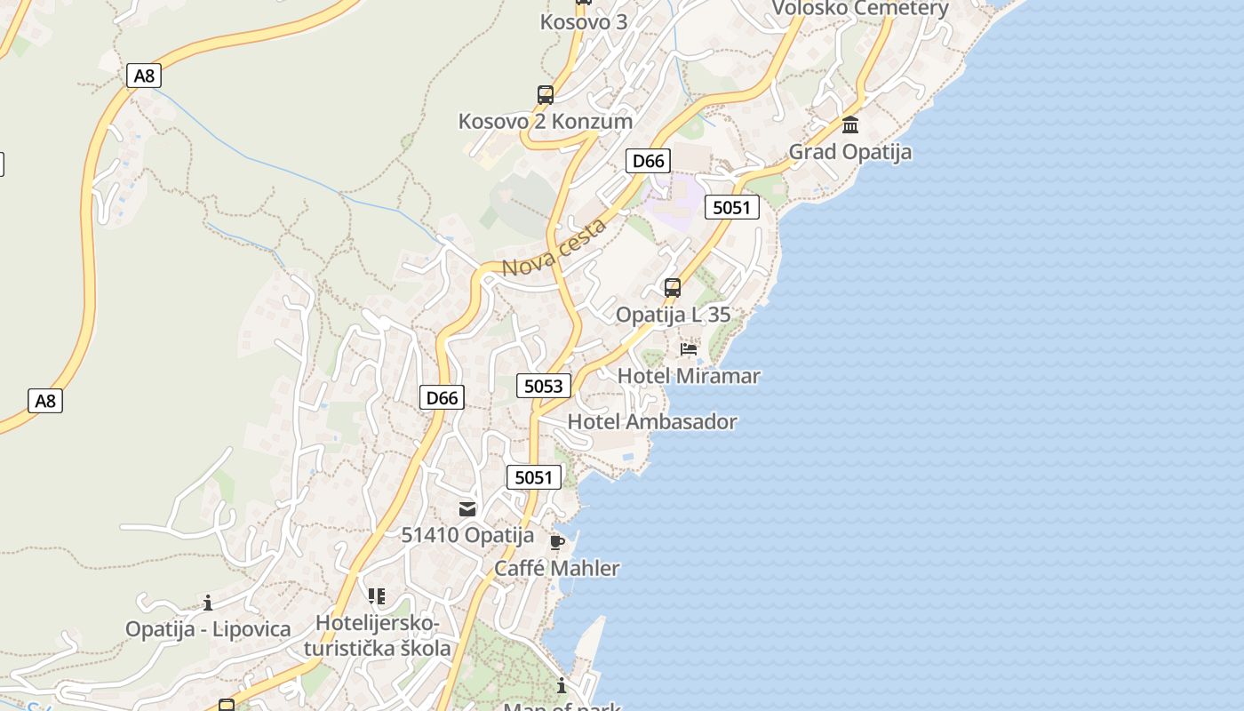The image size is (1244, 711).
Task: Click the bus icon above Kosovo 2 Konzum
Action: (x=545, y=94)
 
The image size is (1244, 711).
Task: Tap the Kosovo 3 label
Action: (x=583, y=22)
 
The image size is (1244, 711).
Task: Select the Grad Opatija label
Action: (x=850, y=152)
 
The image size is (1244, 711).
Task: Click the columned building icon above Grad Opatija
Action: (x=850, y=124)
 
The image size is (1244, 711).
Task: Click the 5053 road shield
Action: (x=543, y=386)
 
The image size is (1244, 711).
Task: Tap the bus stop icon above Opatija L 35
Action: (x=673, y=288)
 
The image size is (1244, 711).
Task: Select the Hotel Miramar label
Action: (x=689, y=376)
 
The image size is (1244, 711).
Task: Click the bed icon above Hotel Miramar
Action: (x=689, y=348)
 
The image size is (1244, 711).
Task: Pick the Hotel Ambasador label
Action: (x=652, y=422)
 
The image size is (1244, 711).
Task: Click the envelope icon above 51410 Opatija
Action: (x=467, y=509)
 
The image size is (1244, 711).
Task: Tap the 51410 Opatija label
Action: (x=467, y=536)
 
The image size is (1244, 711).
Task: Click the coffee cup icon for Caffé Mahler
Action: (x=557, y=542)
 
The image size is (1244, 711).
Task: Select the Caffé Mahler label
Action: (x=557, y=569)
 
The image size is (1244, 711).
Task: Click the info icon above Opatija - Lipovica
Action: (x=208, y=603)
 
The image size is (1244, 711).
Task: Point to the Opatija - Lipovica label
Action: (x=208, y=629)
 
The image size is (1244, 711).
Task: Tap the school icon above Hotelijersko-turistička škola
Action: (x=377, y=595)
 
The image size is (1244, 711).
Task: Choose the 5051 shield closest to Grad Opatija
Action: (x=731, y=208)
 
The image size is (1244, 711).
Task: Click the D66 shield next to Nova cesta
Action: (x=648, y=161)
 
